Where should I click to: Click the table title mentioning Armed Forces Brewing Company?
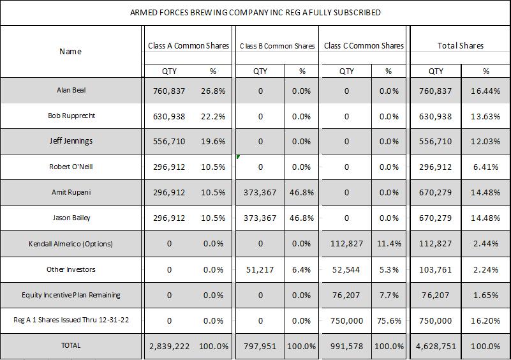point(255,12)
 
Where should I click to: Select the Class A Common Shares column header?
point(188,45)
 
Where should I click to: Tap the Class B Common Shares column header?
point(277,46)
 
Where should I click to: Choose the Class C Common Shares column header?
point(364,45)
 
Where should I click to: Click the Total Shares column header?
point(460,45)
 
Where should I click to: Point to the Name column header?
point(70,51)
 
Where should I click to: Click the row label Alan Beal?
point(71,91)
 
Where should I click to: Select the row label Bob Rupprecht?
point(71,116)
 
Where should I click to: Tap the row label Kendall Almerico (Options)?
point(71,244)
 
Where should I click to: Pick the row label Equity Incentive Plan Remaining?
point(71,295)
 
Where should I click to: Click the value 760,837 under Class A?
point(169,91)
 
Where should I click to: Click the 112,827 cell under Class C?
point(346,244)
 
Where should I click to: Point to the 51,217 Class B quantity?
point(260,269)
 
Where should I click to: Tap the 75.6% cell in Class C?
point(389,320)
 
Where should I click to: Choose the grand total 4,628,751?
point(436,346)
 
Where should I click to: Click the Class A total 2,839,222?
point(169,346)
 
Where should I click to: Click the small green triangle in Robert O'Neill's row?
point(238,156)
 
